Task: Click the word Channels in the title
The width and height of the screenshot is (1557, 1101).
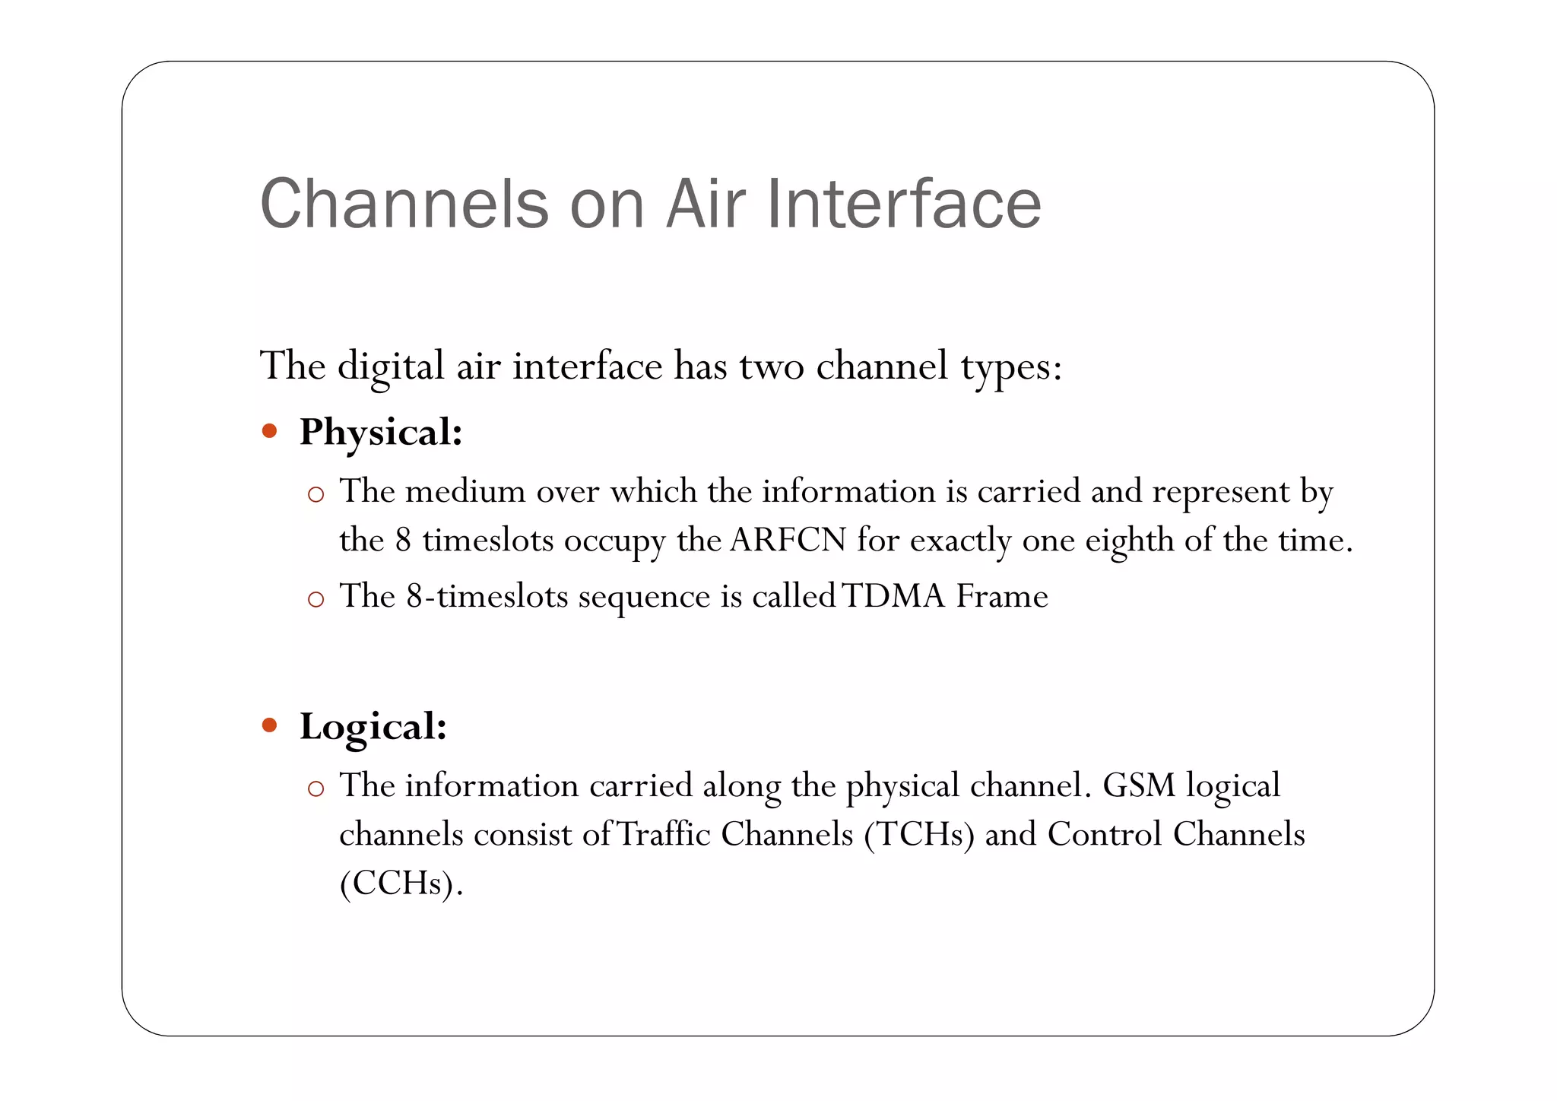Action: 404,204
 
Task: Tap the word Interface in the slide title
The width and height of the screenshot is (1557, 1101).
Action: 903,204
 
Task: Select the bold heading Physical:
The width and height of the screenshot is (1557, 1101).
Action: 381,433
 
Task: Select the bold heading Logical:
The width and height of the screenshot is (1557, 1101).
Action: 373,727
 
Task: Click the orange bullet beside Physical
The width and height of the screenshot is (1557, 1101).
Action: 269,432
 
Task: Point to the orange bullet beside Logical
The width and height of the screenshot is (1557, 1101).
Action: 269,725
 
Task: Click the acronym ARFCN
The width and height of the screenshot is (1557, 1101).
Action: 788,541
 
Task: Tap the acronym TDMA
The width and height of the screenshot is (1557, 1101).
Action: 893,596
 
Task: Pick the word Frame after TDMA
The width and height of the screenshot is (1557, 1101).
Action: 1002,596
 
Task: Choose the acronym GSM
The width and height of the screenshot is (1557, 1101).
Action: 1139,785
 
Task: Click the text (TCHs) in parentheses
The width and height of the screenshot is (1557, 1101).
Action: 918,835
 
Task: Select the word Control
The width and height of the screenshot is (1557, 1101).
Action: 1105,835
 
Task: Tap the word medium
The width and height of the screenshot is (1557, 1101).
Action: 465,492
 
